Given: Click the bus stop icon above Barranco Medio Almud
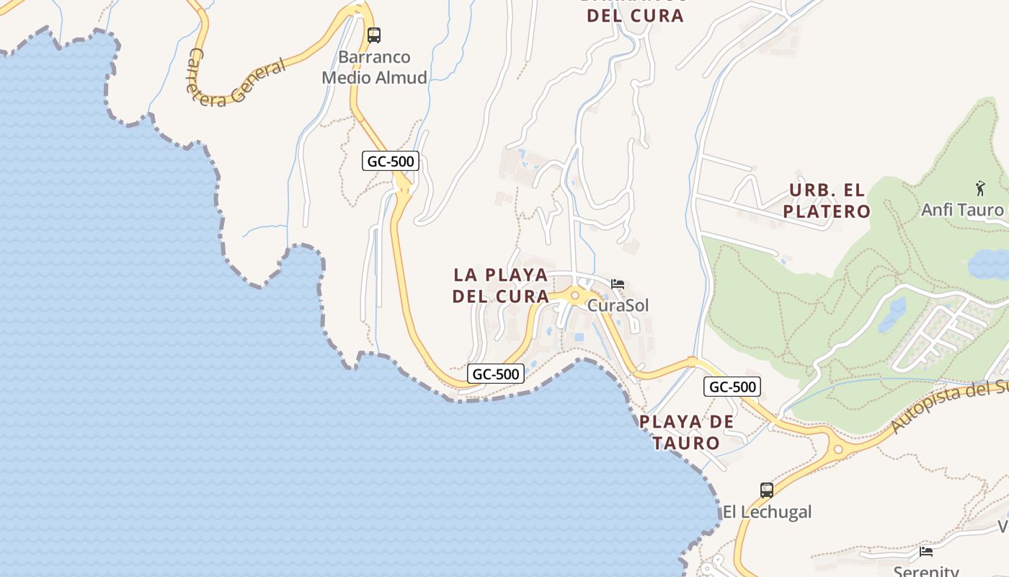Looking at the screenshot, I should [x=373, y=35].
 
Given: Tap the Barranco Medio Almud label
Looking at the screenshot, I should [x=374, y=67].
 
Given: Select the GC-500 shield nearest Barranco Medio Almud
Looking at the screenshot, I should [x=391, y=161].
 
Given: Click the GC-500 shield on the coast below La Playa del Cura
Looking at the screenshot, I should [x=496, y=374].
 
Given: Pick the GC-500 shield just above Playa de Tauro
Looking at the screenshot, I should [x=732, y=387].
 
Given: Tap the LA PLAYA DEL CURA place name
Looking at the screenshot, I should [x=501, y=286].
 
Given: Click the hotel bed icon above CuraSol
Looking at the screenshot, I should [x=618, y=284].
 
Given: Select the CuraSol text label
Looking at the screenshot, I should [x=618, y=305].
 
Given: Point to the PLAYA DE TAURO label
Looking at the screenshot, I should [x=687, y=432].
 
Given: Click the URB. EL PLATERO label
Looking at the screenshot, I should [x=827, y=201].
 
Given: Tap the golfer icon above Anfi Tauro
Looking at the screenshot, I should [x=980, y=188].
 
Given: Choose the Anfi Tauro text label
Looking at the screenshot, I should [x=962, y=210].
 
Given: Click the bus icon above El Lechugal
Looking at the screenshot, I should [x=767, y=490].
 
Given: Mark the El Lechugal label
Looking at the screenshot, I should [x=767, y=512].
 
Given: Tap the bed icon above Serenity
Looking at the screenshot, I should [x=926, y=552].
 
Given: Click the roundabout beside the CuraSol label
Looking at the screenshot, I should [x=574, y=296].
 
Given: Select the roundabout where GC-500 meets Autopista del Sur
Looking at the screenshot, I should [x=837, y=449].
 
